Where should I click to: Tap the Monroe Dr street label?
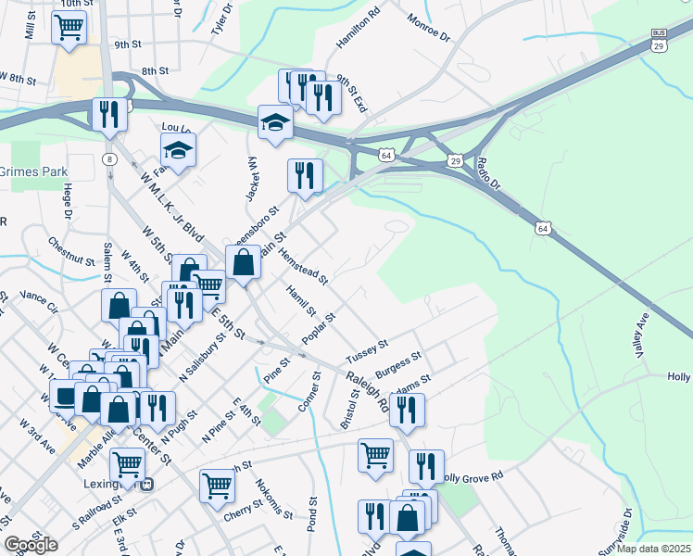pos(428,27)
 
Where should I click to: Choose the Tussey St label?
pos(366,351)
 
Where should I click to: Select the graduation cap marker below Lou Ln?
pos(179,148)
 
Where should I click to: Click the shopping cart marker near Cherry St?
pos(217,484)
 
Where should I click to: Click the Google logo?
pos(31,545)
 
